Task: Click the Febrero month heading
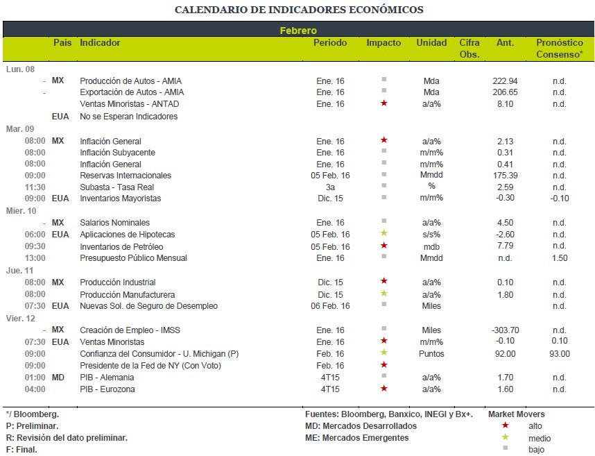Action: [x=298, y=31]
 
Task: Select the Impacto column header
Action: [x=383, y=43]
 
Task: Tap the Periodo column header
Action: [x=330, y=42]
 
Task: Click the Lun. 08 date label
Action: [x=20, y=69]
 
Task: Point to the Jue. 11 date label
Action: [x=19, y=271]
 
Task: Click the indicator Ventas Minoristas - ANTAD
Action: [x=130, y=103]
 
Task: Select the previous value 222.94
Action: [x=505, y=81]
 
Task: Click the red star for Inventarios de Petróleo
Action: [x=384, y=246]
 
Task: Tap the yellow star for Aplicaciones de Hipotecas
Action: [x=384, y=233]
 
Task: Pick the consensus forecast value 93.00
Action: [x=560, y=353]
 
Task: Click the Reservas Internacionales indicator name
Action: [x=126, y=176]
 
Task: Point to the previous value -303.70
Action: [x=505, y=330]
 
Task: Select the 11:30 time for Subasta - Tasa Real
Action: [x=35, y=187]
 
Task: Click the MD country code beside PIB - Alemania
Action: [x=58, y=378]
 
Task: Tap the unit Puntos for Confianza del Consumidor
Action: [x=431, y=353]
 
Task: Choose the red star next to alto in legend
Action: [x=505, y=425]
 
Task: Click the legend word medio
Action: [x=540, y=439]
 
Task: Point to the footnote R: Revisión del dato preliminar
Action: [x=67, y=438]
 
